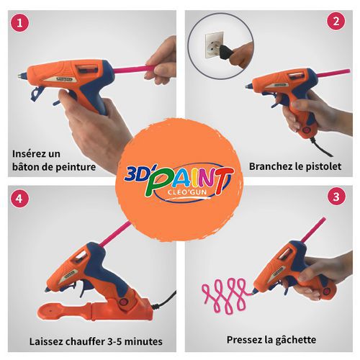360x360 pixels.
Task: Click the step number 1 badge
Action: pyautogui.click(x=19, y=23)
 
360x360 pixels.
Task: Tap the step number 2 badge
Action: pyautogui.click(x=336, y=21)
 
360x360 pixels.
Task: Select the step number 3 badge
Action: pyautogui.click(x=336, y=197)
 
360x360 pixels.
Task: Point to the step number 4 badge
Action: pyautogui.click(x=19, y=199)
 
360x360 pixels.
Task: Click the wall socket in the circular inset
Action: pyautogui.click(x=213, y=45)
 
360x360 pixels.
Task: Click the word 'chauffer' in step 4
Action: pyautogui.click(x=81, y=341)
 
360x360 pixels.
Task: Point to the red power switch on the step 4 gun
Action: pyautogui.click(x=124, y=302)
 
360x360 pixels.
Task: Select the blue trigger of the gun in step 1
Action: pyautogui.click(x=37, y=94)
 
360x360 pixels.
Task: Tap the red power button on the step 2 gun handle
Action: pyautogui.click(x=307, y=130)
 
